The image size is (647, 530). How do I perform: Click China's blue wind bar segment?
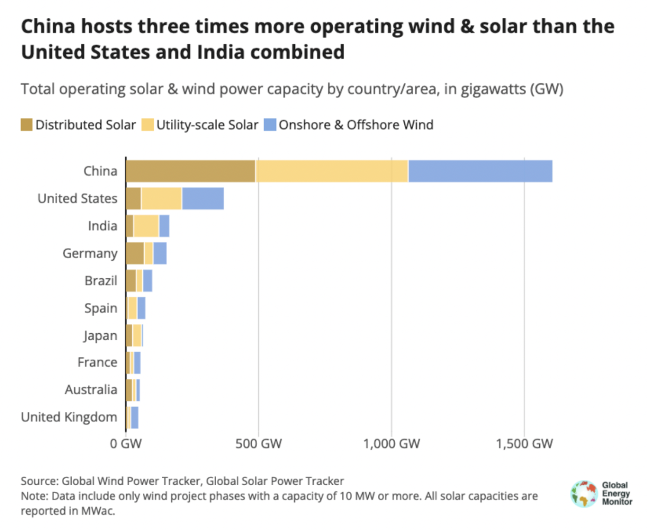pos(480,171)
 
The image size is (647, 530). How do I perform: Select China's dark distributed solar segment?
pos(190,171)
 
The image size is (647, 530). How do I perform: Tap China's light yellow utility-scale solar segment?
pos(332,171)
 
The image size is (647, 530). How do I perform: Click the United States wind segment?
pos(203,198)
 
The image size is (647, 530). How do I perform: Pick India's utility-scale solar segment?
pos(146,225)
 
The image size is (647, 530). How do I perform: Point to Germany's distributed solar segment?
pos(135,253)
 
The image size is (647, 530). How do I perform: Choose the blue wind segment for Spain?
pos(141,308)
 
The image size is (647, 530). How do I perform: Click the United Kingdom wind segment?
pos(134,417)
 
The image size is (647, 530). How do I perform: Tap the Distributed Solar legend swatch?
pos(26,125)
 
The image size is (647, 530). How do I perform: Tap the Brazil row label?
pos(101,280)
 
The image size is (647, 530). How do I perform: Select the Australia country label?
pos(91,390)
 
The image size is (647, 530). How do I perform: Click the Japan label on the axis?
pos(100,335)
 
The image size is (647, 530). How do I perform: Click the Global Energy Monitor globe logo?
pos(584,493)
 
